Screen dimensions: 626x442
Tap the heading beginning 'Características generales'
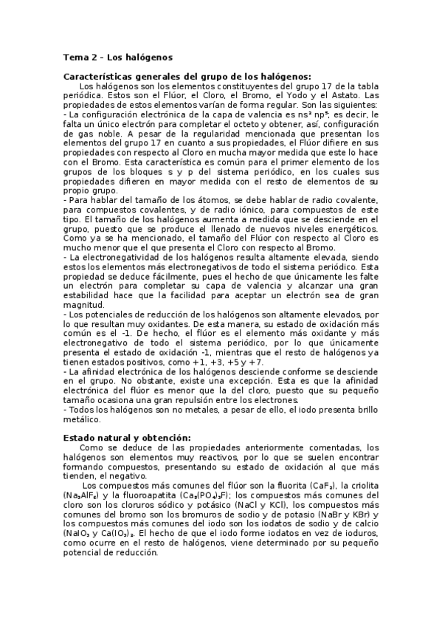coord(187,75)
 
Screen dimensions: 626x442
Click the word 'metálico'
coord(82,419)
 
